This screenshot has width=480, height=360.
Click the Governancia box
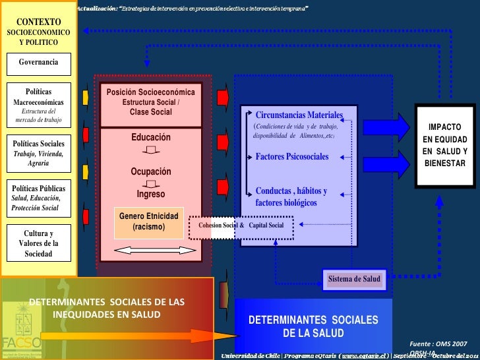tap(38, 63)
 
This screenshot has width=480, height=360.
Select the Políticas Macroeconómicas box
tap(38, 106)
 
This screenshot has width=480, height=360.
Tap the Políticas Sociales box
tap(38, 153)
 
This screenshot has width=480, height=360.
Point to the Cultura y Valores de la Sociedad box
tap(38, 243)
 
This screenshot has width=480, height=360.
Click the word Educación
tap(150, 137)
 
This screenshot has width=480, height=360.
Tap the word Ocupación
tap(150, 171)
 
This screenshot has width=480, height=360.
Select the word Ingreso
tap(150, 195)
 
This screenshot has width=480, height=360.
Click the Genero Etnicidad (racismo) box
tap(148, 222)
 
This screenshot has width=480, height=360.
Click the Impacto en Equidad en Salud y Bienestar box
tap(444, 144)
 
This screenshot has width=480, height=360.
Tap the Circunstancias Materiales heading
tap(299, 115)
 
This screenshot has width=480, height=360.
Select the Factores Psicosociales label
tap(291, 157)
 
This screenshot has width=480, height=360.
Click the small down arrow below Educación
tap(150, 150)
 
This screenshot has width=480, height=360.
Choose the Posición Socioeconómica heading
tap(150, 92)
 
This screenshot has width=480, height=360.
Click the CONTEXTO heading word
tap(38, 22)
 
